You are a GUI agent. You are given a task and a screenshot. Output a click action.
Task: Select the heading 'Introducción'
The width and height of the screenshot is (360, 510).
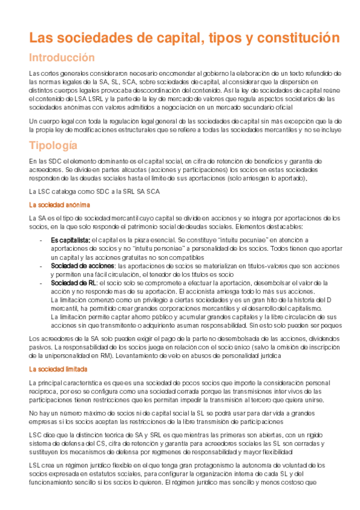[63, 58]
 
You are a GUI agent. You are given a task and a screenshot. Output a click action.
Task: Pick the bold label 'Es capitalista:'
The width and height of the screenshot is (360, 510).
[70, 240]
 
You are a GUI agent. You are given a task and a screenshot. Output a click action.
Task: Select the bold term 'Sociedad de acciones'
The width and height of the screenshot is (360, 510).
[82, 265]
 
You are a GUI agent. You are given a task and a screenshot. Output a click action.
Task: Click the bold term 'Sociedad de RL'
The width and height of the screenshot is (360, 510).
[73, 283]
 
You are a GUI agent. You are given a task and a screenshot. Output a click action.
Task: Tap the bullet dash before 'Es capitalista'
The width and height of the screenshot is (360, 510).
[39, 240]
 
